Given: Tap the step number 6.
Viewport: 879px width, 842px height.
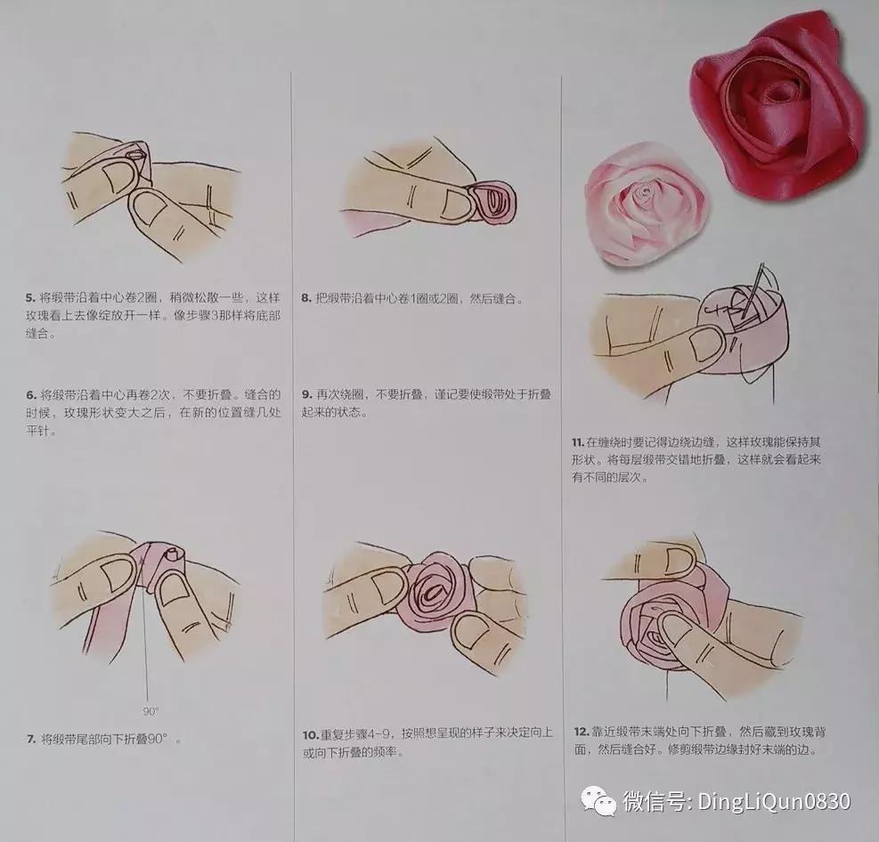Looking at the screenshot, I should (x=31, y=393).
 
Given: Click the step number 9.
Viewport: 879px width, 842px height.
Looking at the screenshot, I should (x=305, y=393).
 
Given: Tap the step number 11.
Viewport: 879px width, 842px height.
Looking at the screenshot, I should (x=578, y=441).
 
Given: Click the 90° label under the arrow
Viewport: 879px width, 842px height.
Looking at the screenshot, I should (x=151, y=711).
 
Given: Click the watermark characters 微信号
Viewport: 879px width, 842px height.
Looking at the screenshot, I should (x=655, y=802).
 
